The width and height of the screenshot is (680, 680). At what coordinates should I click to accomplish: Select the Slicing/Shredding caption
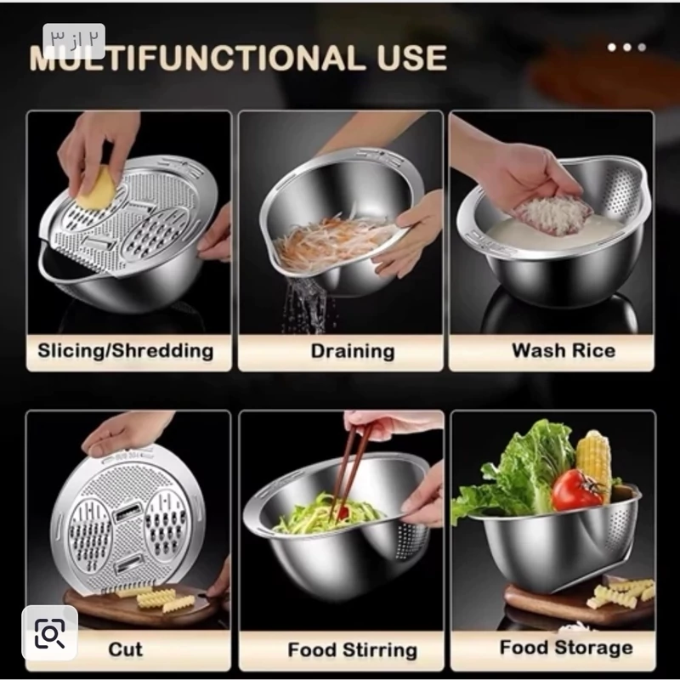point(125,351)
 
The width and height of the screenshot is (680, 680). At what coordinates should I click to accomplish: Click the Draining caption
point(353,351)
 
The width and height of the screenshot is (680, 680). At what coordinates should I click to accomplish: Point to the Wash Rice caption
point(564,350)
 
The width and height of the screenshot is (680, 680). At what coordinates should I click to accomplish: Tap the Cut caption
point(125,649)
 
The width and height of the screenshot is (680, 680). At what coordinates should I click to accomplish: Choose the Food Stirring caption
point(352,650)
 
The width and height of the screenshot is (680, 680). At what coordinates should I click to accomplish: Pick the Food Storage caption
point(566,648)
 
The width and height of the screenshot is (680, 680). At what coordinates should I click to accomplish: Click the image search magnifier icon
point(49,633)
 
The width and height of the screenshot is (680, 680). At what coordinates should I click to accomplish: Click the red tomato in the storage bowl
point(577,490)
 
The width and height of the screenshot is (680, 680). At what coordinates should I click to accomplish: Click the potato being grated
point(97,187)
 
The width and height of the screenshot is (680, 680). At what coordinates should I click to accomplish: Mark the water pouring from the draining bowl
point(305,304)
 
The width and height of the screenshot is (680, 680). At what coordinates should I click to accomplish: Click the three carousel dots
point(626,48)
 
